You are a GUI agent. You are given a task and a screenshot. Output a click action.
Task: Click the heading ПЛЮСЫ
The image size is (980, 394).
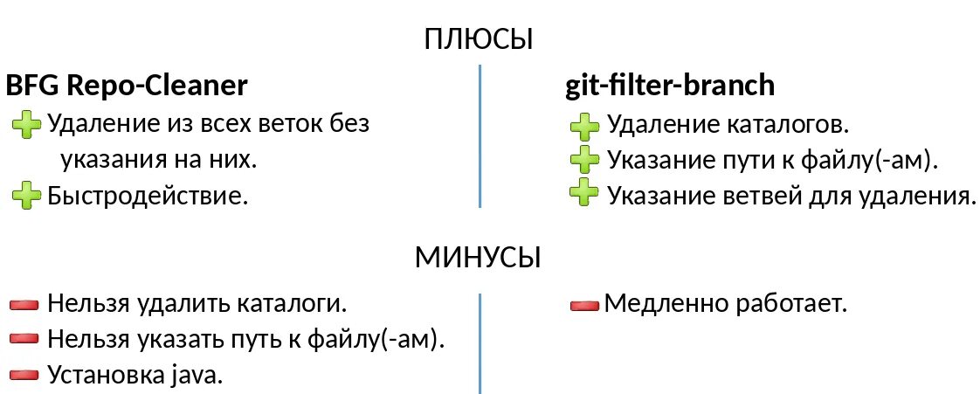pyautogui.click(x=479, y=39)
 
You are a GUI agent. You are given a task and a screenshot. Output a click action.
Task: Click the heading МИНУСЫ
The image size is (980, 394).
pyautogui.click(x=478, y=258)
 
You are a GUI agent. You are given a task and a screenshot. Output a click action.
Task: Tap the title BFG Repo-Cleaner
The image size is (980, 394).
pyautogui.click(x=127, y=86)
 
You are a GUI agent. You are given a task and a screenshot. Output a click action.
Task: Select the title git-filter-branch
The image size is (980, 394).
pyautogui.click(x=670, y=86)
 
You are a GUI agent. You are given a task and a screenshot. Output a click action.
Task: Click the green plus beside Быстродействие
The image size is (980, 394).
pyautogui.click(x=26, y=195)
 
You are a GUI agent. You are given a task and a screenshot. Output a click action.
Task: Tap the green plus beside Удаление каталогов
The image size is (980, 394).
pyautogui.click(x=583, y=128)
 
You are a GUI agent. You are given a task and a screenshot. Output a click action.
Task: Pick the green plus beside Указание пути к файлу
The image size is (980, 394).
pyautogui.click(x=583, y=160)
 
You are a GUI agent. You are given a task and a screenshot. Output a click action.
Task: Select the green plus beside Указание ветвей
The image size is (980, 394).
pyautogui.click(x=583, y=193)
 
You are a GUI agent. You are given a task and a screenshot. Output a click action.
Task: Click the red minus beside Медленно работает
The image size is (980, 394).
pyautogui.click(x=583, y=305)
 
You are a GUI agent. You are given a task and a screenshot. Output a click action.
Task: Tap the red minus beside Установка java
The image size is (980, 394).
pyautogui.click(x=25, y=375)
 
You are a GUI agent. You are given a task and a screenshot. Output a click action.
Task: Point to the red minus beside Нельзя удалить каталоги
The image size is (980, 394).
pyautogui.click(x=25, y=305)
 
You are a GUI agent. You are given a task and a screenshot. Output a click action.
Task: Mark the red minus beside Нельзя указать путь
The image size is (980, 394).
pyautogui.click(x=25, y=339)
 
